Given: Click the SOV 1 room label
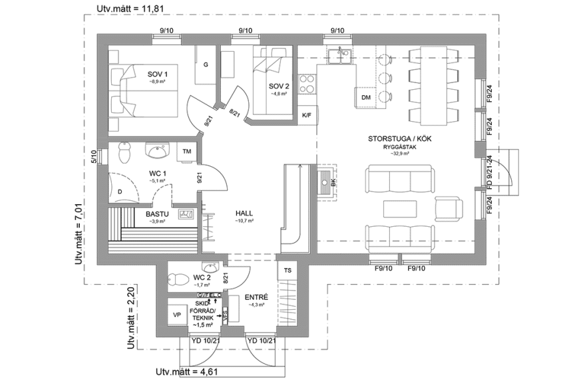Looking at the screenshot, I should [158, 74].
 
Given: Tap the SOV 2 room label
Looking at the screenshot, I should [279, 86].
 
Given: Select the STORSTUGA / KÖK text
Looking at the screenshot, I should [395, 140].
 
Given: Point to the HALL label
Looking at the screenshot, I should [244, 213].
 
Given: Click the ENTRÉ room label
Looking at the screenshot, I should [256, 297].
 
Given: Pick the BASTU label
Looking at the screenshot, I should [157, 214].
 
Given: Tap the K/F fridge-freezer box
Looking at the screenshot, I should [307, 115].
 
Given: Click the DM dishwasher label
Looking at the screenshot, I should [365, 98].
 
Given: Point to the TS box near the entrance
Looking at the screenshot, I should [288, 271].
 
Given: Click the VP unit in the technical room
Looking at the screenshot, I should [177, 315].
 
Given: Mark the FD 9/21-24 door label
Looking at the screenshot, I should [489, 174].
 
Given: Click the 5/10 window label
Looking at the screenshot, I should [95, 156].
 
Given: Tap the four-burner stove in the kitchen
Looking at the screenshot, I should [307, 83].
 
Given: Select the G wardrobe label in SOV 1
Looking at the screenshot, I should [206, 64].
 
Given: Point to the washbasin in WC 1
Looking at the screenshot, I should [158, 152].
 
